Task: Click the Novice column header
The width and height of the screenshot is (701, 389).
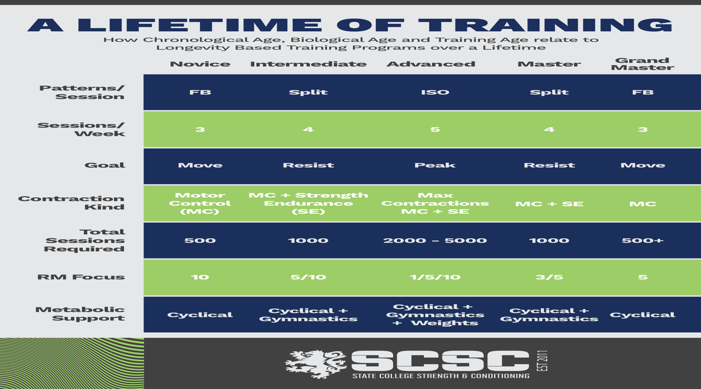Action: click(200, 64)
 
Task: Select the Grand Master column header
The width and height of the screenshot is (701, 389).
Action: click(643, 64)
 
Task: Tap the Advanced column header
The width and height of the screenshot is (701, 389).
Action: click(431, 64)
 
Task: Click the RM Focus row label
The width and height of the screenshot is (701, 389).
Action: click(81, 277)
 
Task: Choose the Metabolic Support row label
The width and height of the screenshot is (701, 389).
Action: click(80, 314)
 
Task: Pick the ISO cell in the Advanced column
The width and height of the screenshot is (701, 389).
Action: click(435, 92)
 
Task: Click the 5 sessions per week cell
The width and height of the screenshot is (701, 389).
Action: click(435, 129)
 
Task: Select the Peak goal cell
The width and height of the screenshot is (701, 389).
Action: click(435, 165)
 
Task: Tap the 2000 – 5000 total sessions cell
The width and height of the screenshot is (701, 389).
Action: click(435, 240)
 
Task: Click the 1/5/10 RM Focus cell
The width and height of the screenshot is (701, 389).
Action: click(435, 277)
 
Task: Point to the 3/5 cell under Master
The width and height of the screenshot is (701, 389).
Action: click(549, 277)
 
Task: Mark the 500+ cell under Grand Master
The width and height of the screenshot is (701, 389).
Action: click(643, 240)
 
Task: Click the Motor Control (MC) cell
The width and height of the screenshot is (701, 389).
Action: click(200, 203)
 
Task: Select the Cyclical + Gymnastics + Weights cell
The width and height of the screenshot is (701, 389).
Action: click(435, 315)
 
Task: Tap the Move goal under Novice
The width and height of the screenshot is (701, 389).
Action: click(200, 165)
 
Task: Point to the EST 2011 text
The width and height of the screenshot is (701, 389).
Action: click(544, 361)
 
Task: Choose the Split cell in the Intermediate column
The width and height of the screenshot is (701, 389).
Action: click(308, 92)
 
